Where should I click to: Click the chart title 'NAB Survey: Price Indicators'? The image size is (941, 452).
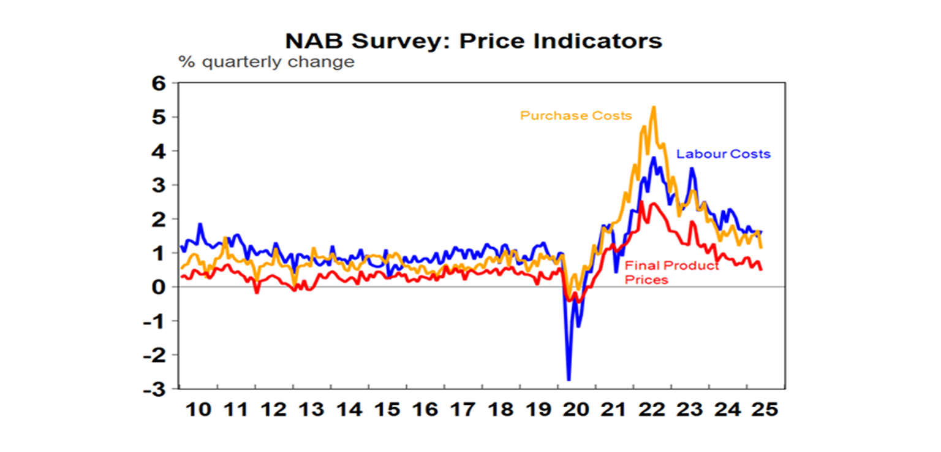[474, 40]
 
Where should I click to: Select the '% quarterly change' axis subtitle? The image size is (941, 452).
[266, 62]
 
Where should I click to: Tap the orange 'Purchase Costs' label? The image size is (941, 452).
[576, 115]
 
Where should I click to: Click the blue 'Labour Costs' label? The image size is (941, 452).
[723, 154]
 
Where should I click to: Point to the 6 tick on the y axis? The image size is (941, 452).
[159, 83]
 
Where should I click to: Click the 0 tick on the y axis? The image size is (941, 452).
[159, 287]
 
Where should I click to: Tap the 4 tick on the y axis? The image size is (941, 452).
[159, 151]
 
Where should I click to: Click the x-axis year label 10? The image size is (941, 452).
[197, 410]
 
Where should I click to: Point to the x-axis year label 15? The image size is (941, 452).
[387, 410]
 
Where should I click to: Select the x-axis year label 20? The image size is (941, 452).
[576, 410]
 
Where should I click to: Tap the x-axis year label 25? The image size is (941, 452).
[765, 410]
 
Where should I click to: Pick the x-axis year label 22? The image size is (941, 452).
[651, 410]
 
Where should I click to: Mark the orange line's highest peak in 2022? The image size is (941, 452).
[654, 107]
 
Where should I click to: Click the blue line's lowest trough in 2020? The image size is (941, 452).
[569, 380]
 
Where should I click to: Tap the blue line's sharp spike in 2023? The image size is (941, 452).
[692, 169]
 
